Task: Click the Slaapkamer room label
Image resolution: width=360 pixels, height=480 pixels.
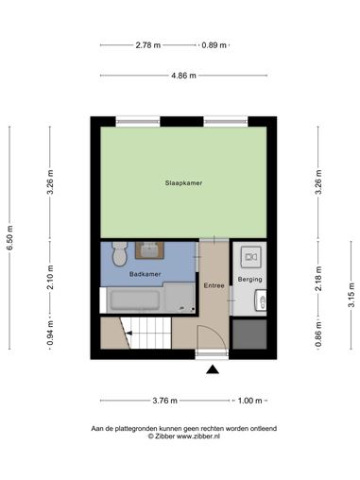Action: click(183, 183)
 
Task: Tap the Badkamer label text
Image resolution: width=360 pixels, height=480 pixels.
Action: click(145, 274)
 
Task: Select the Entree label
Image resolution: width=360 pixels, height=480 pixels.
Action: click(214, 285)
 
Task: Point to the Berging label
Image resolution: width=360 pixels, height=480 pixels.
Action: click(249, 280)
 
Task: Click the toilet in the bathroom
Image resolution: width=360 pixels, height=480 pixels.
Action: click(119, 253)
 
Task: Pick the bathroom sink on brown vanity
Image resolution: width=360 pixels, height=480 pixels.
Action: click(149, 250)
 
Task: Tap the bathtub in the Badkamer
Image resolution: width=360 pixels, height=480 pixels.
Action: click(135, 300)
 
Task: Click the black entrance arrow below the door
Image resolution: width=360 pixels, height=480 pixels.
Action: click(213, 369)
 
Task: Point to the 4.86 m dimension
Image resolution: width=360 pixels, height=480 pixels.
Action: click(183, 76)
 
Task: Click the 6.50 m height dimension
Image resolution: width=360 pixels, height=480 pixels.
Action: click(9, 238)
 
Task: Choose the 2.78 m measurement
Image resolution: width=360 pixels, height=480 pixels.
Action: click(148, 45)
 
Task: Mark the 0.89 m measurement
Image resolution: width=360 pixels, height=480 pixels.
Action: click(214, 45)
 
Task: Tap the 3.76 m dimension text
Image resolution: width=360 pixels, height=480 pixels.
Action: click(164, 401)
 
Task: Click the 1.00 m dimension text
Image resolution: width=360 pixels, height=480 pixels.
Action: click(249, 401)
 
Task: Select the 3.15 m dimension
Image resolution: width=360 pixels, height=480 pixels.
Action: click(351, 295)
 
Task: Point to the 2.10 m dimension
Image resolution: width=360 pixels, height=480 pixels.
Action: click(50, 278)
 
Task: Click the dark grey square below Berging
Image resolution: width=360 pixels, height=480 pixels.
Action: click(249, 334)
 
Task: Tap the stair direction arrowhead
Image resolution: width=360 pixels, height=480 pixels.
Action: click(129, 333)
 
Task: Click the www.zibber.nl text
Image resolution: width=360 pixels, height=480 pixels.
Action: click(197, 437)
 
